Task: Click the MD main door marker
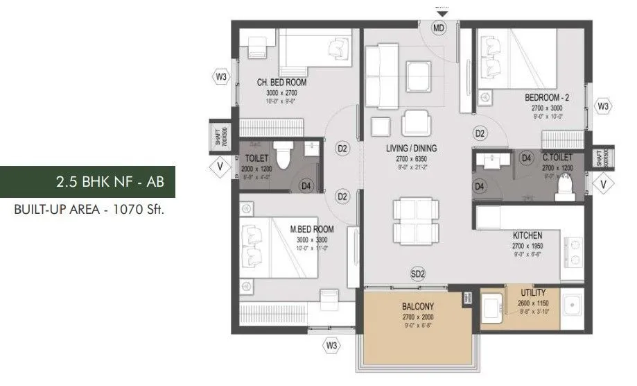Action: pyautogui.click(x=438, y=28)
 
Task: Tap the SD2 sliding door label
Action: pyautogui.click(x=417, y=274)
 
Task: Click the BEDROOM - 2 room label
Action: pyautogui.click(x=546, y=99)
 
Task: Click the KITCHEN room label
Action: pyautogui.click(x=527, y=235)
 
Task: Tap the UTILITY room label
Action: pyautogui.click(x=533, y=293)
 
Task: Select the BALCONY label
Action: pyautogui.click(x=417, y=306)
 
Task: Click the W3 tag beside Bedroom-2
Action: pyautogui.click(x=603, y=107)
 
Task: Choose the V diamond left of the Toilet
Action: pyautogui.click(x=220, y=166)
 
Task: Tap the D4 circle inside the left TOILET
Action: pyautogui.click(x=305, y=185)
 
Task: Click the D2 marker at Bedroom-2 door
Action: pyautogui.click(x=480, y=133)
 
